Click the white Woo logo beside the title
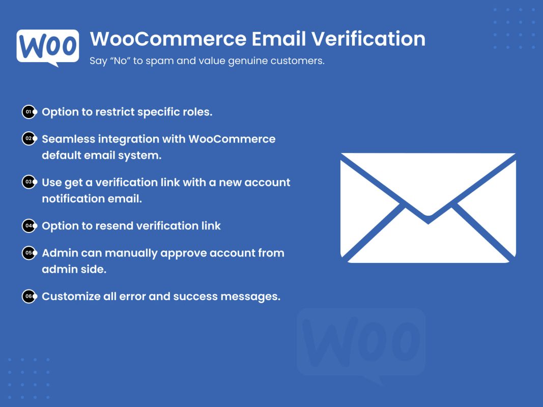[48, 47]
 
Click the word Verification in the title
[368, 39]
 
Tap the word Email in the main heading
[279, 39]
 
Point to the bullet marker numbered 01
[30, 112]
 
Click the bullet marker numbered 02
[30, 138]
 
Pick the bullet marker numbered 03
[30, 182]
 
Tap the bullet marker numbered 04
[30, 226]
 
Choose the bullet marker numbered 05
[30, 253]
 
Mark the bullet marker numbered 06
[30, 296]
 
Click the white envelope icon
[428, 208]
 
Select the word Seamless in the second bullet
[68, 139]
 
